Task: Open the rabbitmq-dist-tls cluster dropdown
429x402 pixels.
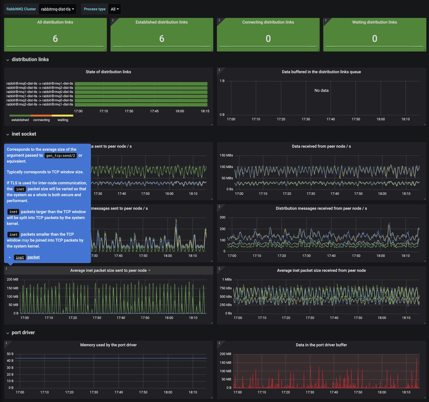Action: pos(58,9)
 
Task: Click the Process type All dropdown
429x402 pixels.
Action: pos(115,9)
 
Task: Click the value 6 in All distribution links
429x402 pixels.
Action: pos(55,39)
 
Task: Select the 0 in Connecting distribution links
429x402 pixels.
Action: pos(268,39)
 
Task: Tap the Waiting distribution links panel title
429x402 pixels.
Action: pos(375,22)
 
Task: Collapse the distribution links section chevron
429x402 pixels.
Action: pos(8,60)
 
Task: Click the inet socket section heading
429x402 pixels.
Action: pos(24,134)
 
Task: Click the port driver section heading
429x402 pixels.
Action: pos(23,333)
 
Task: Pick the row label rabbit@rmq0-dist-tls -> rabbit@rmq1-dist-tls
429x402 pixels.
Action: pos(40,84)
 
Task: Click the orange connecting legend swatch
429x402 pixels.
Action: pos(41,116)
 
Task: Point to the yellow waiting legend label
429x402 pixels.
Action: pos(63,120)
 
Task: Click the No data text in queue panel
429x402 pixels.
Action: pos(321,91)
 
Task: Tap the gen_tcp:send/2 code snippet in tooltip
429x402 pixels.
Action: pos(61,155)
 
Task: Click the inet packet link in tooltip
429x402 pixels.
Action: pos(27,257)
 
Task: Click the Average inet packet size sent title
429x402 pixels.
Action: pos(108,271)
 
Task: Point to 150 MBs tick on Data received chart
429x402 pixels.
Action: pos(226,155)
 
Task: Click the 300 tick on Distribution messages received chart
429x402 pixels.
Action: pos(222,218)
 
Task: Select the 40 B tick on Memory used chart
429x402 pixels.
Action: pos(10,361)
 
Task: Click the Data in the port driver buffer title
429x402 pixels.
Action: pos(321,345)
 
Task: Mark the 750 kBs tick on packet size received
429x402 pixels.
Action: pos(226,288)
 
